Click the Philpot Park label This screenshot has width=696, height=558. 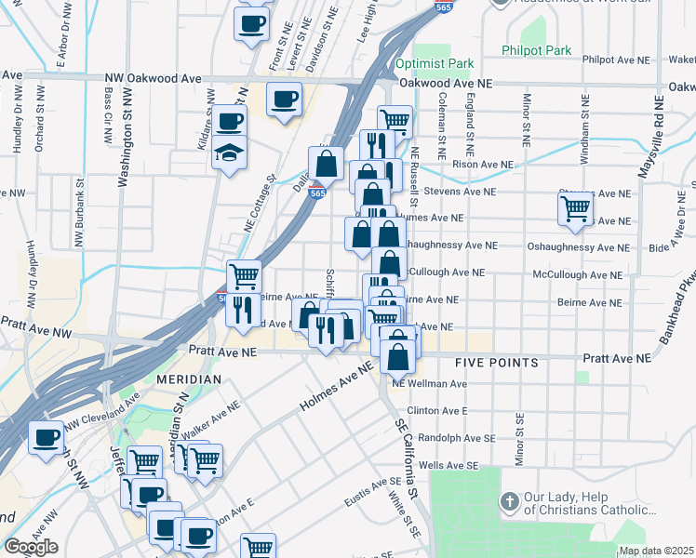click(535, 50)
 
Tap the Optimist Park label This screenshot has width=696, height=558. click(434, 64)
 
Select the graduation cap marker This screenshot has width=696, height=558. click(226, 153)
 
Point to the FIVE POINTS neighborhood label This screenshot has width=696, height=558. click(497, 362)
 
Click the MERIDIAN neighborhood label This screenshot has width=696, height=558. click(189, 379)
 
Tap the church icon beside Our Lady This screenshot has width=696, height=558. click(509, 502)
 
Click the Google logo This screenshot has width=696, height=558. click(31, 547)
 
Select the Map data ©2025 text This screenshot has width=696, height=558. click(656, 551)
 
